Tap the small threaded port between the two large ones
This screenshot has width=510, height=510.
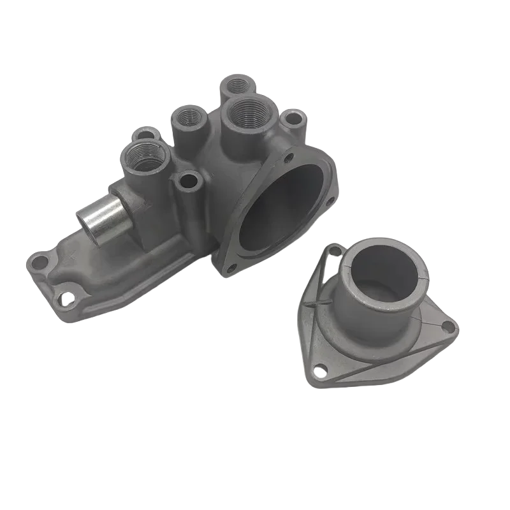[x=189, y=116]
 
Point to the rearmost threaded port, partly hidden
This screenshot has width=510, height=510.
[x=237, y=84]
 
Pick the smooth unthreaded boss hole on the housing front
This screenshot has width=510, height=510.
[x=188, y=182]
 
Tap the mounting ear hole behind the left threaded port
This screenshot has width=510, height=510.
[x=147, y=135]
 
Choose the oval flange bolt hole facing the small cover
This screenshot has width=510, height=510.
[x=330, y=202]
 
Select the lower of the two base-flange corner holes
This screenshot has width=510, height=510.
[x=64, y=296]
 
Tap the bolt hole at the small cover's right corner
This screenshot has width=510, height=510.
[x=448, y=326]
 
